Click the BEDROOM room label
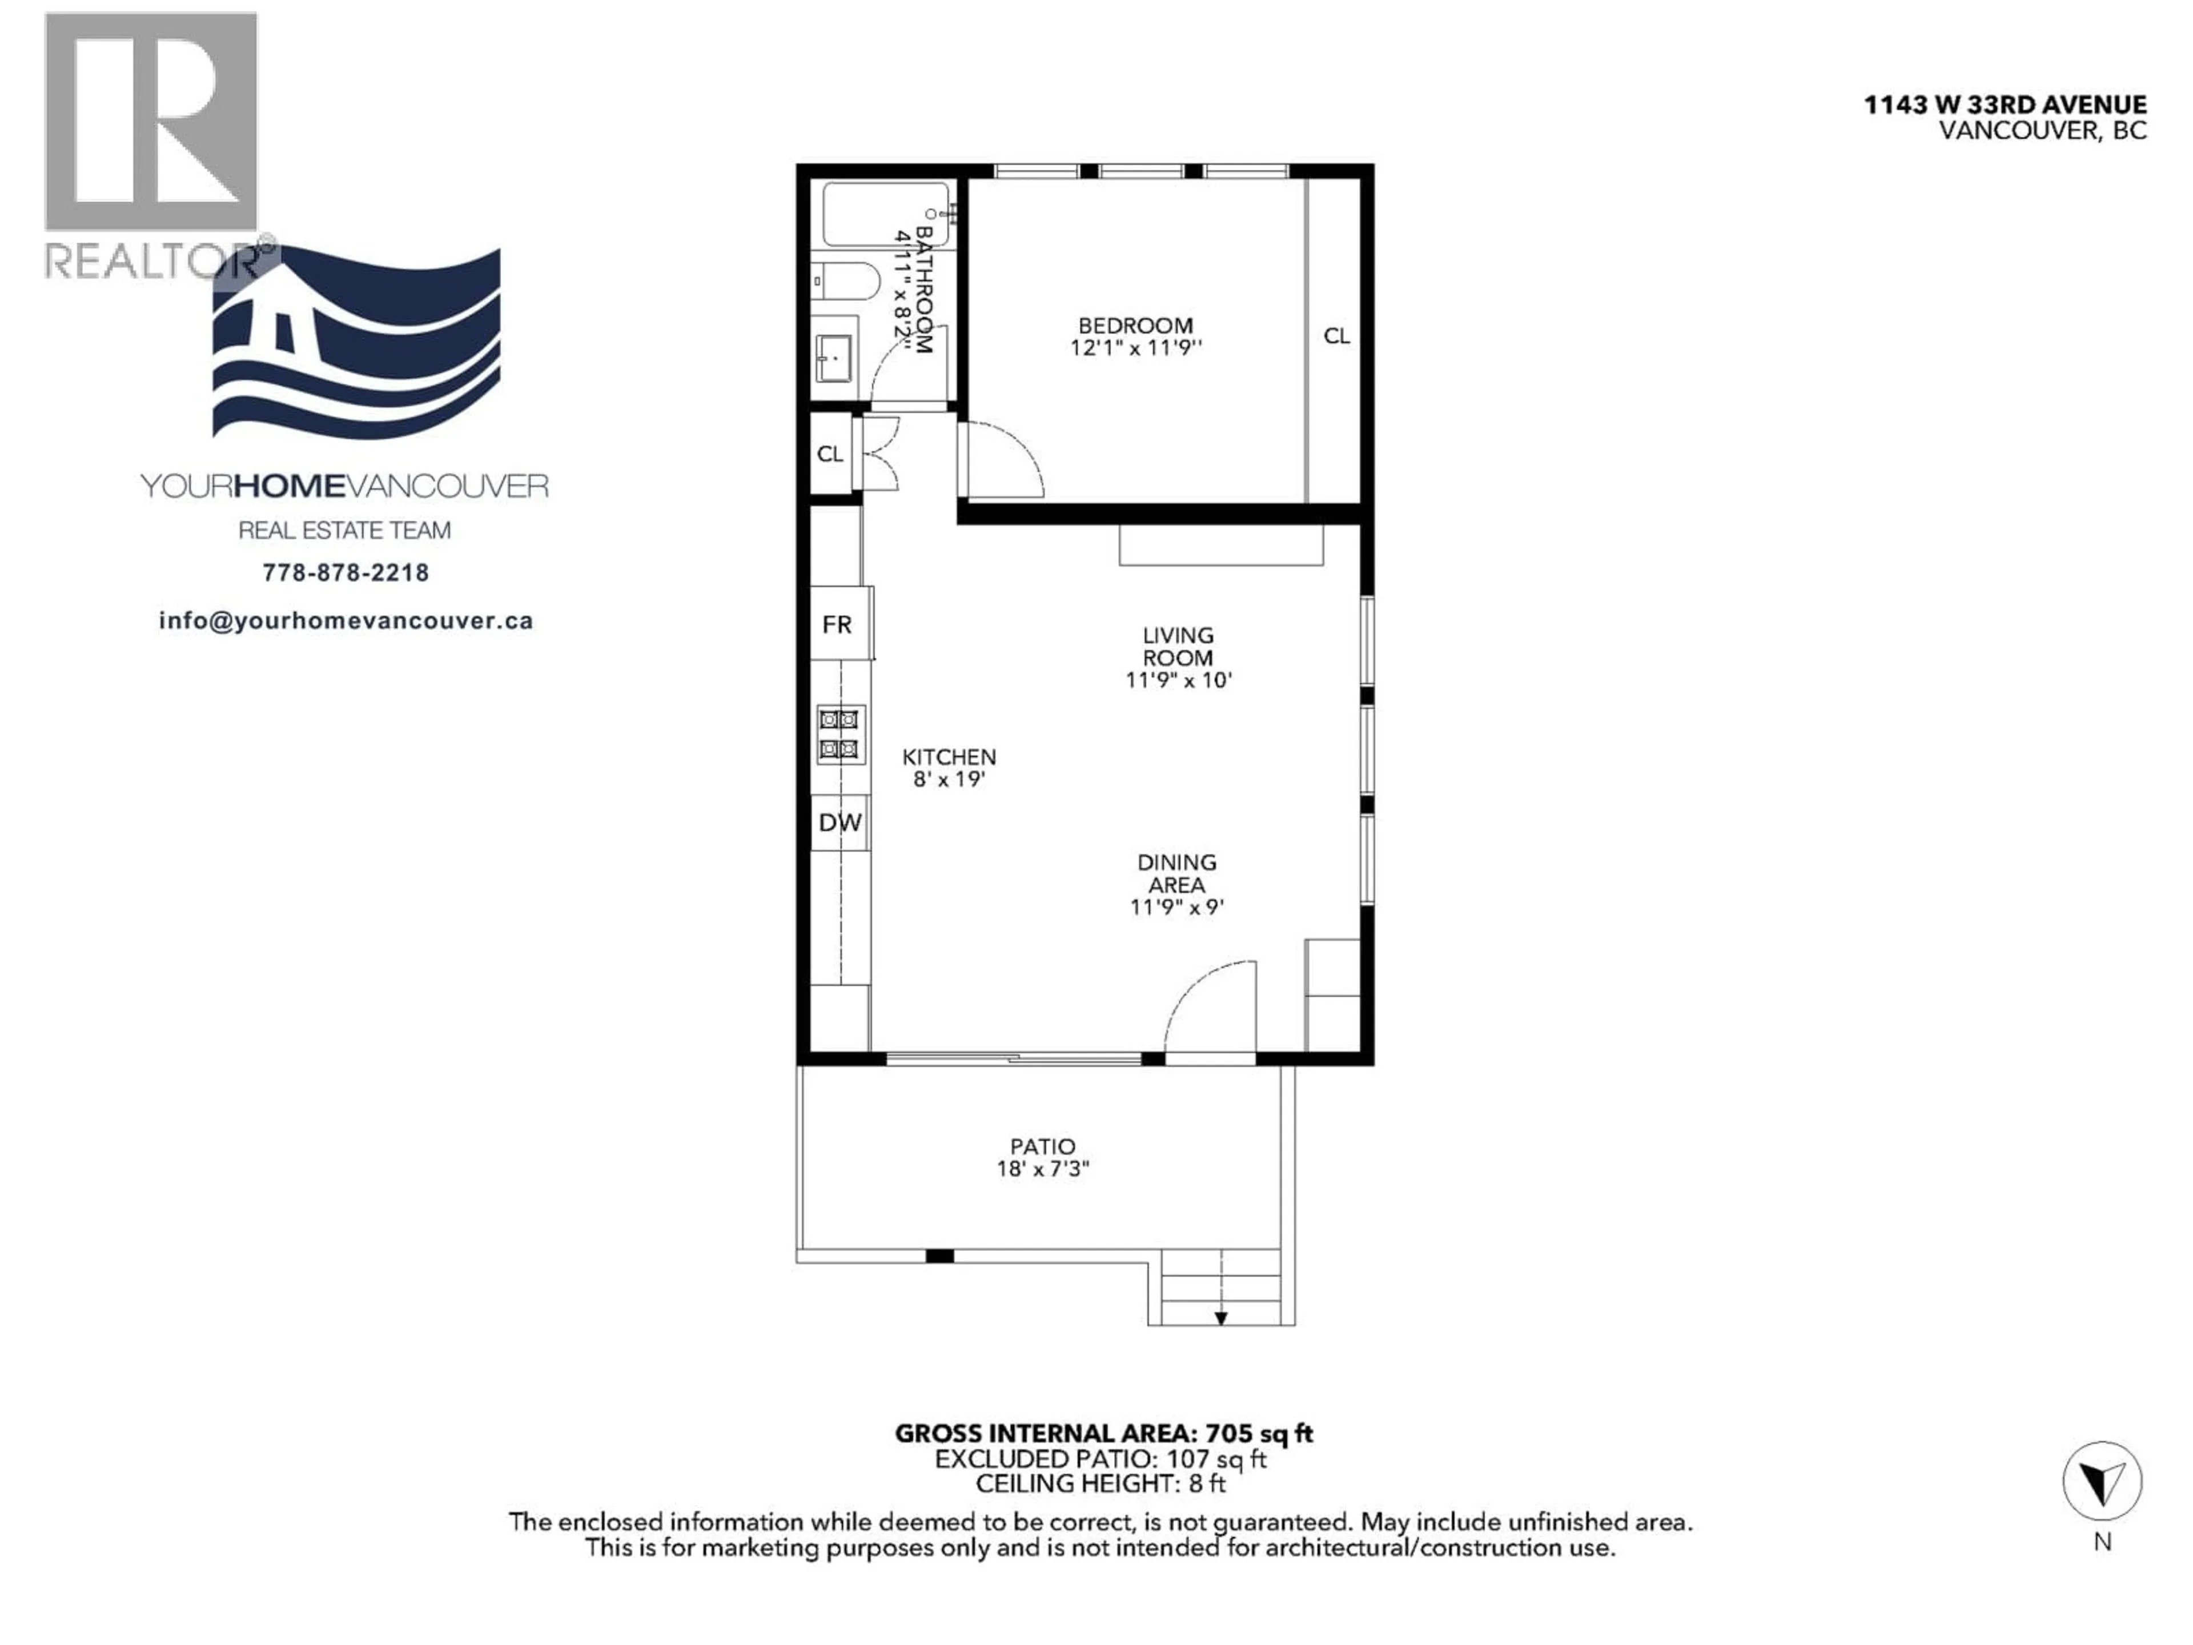pyautogui.click(x=1135, y=325)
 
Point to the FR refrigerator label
pyautogui.click(x=837, y=625)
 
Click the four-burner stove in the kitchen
pyautogui.click(x=840, y=734)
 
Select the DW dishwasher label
pyautogui.click(x=840, y=822)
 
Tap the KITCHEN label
pyautogui.click(x=949, y=757)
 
